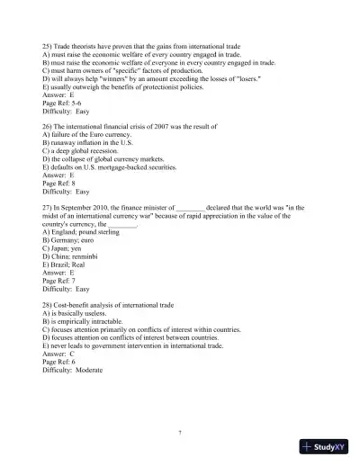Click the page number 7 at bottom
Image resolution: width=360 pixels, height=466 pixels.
point(180,433)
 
